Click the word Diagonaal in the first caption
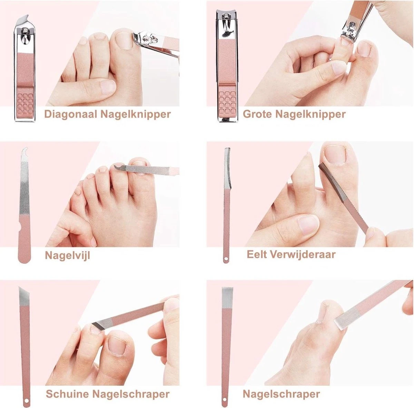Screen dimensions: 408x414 [x=70, y=114]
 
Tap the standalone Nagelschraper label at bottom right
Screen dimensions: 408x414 [x=281, y=394]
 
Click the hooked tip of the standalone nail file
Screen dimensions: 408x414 [x=24, y=152]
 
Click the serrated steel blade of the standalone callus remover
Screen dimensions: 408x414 [x=227, y=169]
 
